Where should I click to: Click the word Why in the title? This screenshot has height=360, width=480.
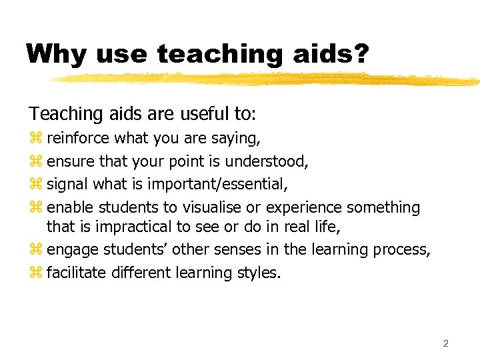point(58,53)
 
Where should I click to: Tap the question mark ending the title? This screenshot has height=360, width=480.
point(360,53)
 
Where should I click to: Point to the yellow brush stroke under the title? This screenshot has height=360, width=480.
point(267,79)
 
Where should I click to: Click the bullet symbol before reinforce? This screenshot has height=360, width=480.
point(35,139)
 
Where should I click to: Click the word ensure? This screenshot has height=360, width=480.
point(71,161)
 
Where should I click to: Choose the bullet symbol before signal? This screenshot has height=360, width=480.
point(35,184)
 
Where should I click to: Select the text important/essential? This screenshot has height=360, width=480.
point(217,184)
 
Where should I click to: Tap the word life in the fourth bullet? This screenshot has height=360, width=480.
point(327,227)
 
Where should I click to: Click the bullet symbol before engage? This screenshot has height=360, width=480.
point(35,250)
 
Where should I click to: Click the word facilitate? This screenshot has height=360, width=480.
point(75,273)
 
